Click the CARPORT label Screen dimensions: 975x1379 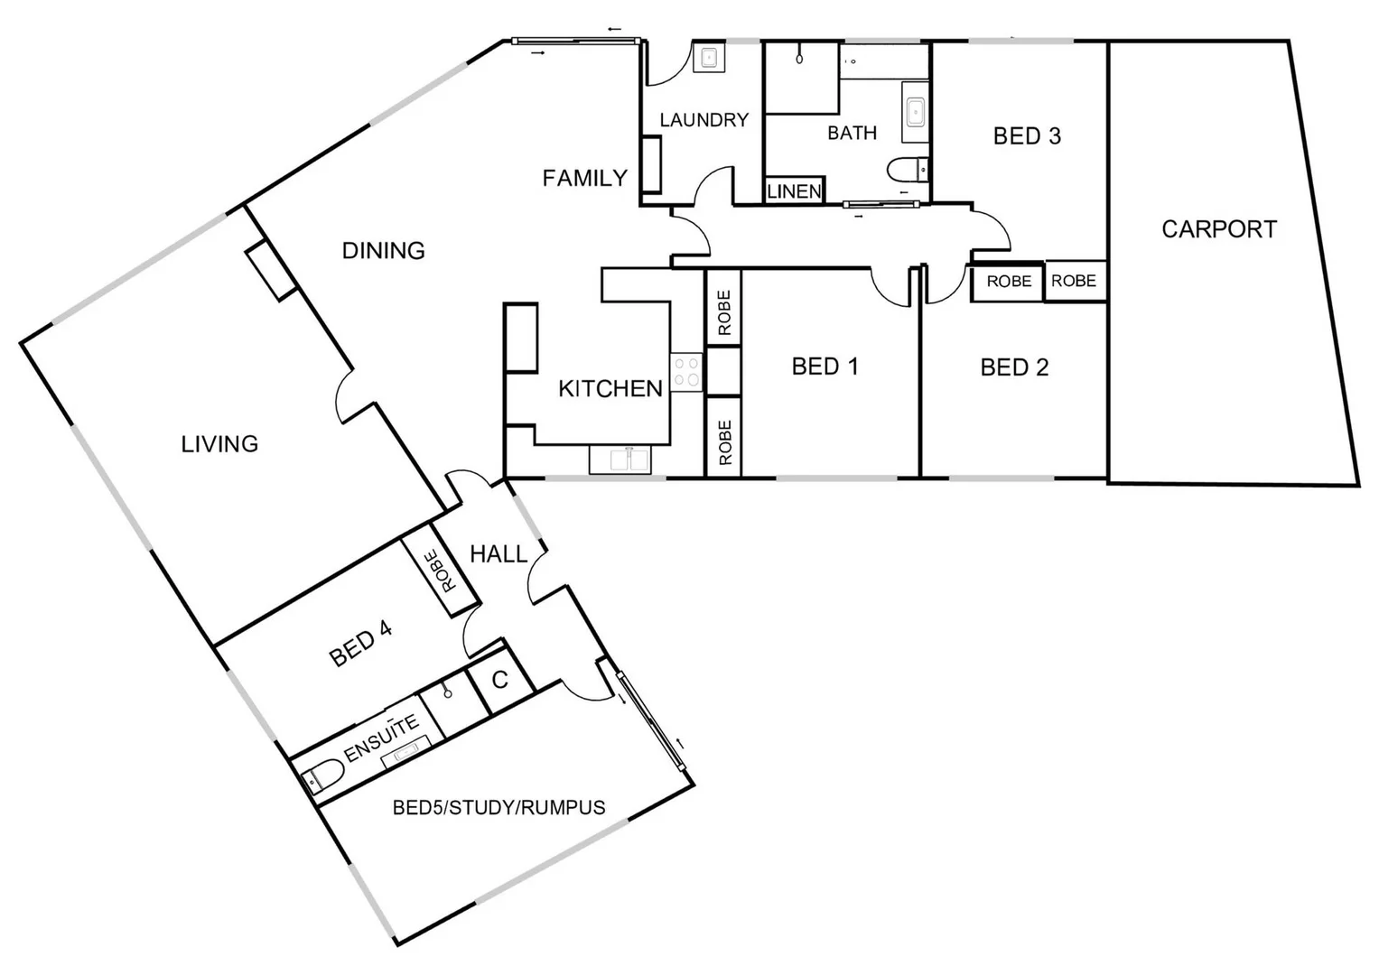coord(1219,229)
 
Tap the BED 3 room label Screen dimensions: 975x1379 coord(1027,136)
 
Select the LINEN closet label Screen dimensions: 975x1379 coord(794,191)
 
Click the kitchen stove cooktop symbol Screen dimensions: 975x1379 coord(686,371)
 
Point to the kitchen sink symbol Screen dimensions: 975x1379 coord(620,460)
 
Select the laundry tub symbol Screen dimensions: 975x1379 coord(708,57)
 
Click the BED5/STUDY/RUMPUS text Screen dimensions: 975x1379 coord(498,807)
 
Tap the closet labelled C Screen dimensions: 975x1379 coord(499,679)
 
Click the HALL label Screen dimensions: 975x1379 coord(498,553)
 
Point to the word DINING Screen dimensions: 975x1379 coord(383,250)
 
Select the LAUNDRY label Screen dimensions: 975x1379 coord(703,120)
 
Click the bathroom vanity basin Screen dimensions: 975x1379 coord(915,113)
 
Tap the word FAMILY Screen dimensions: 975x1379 coord(584,179)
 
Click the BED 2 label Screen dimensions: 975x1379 coord(1014,367)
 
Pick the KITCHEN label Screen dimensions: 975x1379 coord(610,389)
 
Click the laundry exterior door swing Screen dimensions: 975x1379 coord(664,68)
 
